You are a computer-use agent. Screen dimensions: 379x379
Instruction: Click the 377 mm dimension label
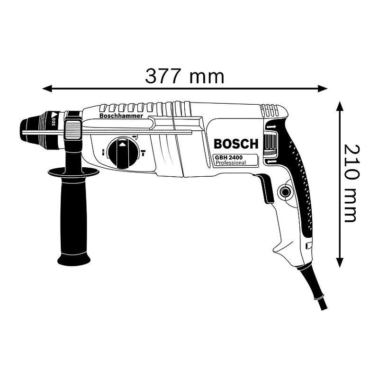(184, 76)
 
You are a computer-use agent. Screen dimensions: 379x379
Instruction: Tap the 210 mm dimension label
(351, 182)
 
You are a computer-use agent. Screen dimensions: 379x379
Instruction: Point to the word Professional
(231, 163)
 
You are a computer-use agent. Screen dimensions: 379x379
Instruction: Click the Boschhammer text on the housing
(121, 116)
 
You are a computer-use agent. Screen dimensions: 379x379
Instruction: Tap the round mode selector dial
(122, 153)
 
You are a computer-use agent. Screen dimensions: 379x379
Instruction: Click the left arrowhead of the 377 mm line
(46, 88)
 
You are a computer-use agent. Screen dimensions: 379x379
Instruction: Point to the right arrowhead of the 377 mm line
(324, 88)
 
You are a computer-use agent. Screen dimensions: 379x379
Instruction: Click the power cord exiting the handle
(315, 289)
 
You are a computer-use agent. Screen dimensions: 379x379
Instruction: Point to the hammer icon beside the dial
(143, 153)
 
